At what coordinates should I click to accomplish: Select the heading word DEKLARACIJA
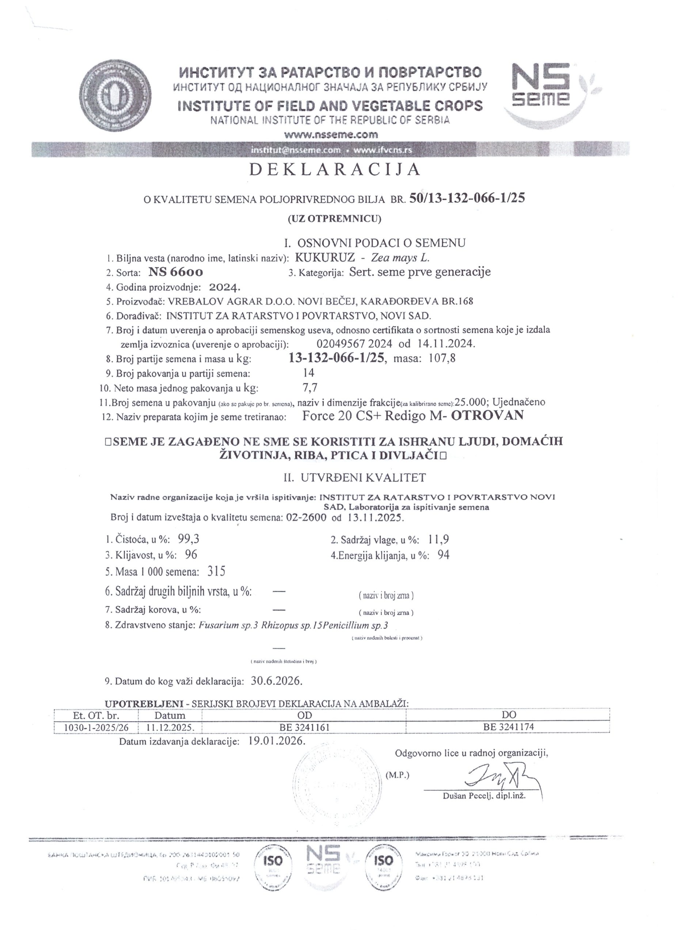click(335, 170)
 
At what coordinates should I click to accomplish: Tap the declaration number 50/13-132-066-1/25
click(467, 199)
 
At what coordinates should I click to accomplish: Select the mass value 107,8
click(442, 358)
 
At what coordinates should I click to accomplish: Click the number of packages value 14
click(308, 373)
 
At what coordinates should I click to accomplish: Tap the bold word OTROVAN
click(487, 415)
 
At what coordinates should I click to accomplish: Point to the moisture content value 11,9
click(439, 539)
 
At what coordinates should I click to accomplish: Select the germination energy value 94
click(443, 555)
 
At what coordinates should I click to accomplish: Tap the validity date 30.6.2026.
click(276, 680)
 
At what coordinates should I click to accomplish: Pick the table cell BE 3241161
click(304, 727)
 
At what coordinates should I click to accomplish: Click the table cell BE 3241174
click(509, 727)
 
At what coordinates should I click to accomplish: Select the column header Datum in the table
click(170, 716)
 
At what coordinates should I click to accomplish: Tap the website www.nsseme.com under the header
click(331, 135)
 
